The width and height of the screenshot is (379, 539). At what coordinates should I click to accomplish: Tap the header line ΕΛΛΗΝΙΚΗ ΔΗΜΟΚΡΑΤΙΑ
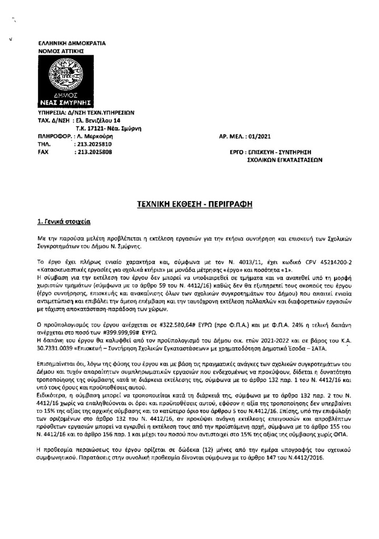73,42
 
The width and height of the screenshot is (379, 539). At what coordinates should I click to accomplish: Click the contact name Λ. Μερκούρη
96,136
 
